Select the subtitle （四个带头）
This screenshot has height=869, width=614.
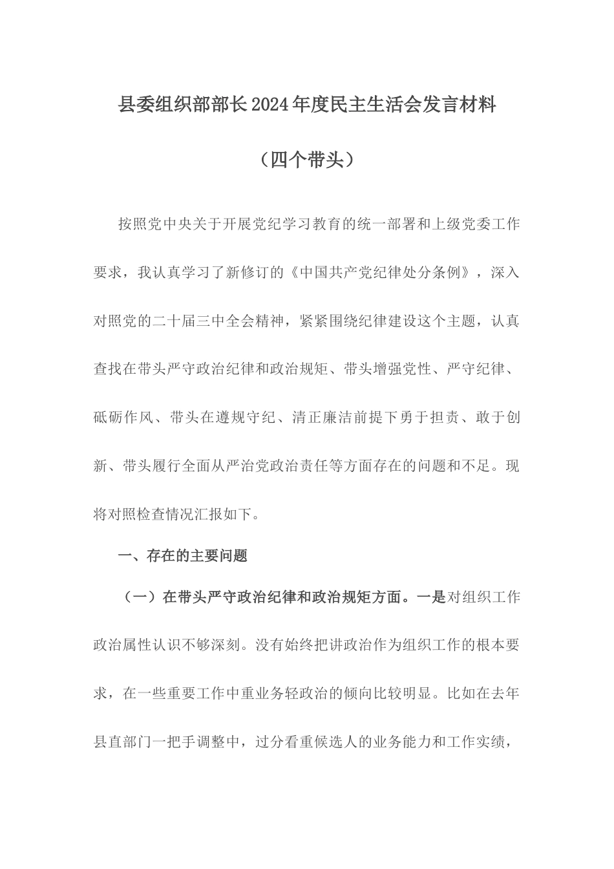pos(306,142)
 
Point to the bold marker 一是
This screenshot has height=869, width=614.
pos(431,597)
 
